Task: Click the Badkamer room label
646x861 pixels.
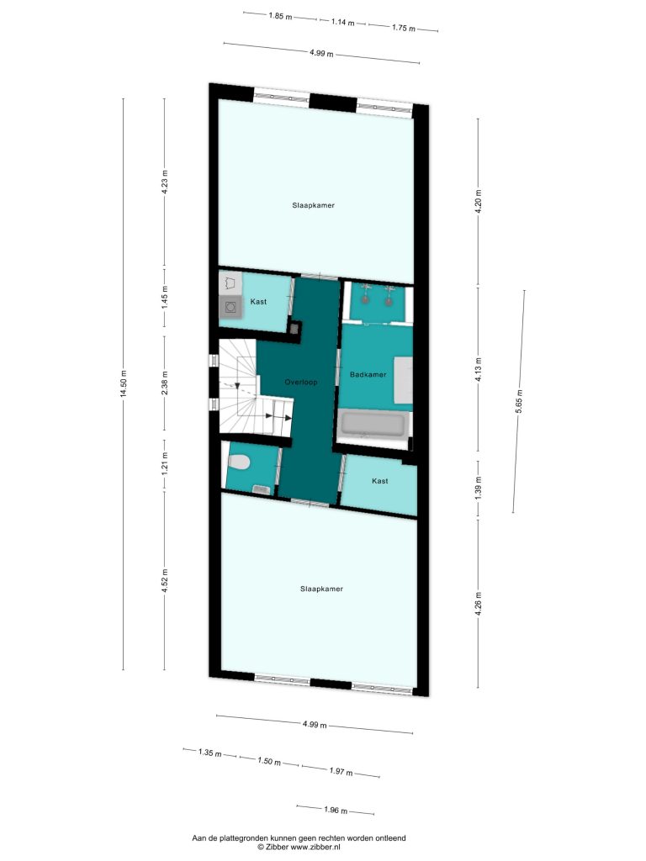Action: point(368,374)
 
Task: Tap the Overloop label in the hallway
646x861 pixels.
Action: point(301,383)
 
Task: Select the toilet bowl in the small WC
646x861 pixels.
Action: point(239,462)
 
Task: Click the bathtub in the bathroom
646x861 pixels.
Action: point(374,425)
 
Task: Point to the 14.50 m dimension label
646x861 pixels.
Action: point(124,383)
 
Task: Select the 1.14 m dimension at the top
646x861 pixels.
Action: point(343,23)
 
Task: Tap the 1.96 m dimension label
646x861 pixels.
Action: point(336,810)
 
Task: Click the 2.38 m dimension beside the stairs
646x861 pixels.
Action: point(165,383)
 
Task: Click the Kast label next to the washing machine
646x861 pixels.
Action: point(259,302)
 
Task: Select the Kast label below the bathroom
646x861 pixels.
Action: point(380,481)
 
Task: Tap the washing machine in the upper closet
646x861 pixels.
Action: point(230,308)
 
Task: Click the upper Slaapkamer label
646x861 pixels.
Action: point(313,205)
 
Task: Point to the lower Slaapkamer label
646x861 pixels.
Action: point(321,589)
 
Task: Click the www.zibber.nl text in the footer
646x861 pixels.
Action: point(315,847)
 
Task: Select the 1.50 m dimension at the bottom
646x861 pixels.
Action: point(269,762)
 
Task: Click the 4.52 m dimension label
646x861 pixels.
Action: point(165,580)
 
